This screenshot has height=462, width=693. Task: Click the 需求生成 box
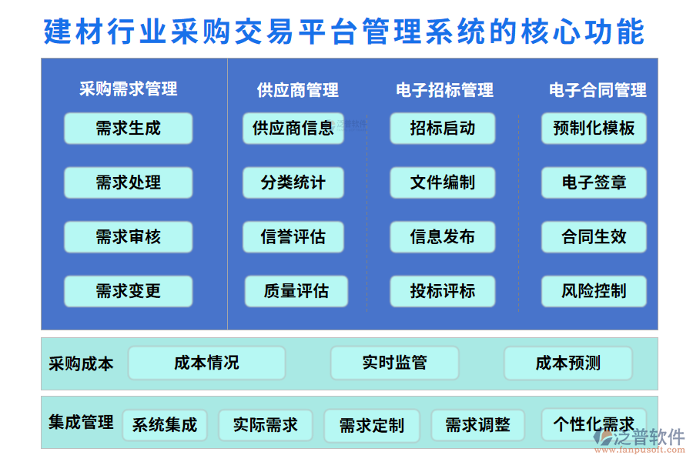pyautogui.click(x=128, y=129)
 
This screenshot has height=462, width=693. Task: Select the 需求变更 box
pyautogui.click(x=128, y=291)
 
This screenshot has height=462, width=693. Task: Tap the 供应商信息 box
pyautogui.click(x=293, y=129)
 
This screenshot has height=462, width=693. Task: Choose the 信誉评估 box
pyautogui.click(x=293, y=237)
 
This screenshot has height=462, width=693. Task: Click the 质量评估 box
pyautogui.click(x=296, y=291)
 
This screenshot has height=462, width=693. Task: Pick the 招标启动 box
pyautogui.click(x=442, y=129)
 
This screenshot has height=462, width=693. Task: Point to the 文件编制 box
pyautogui.click(x=442, y=183)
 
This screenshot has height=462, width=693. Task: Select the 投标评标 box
pyautogui.click(x=442, y=291)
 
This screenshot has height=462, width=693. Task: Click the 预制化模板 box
pyautogui.click(x=594, y=129)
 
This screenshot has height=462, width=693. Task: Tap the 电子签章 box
pyautogui.click(x=594, y=183)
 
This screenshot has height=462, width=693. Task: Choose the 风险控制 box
pyautogui.click(x=594, y=291)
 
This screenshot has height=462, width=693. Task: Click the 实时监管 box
pyautogui.click(x=394, y=363)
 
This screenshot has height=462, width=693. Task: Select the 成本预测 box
pyautogui.click(x=568, y=363)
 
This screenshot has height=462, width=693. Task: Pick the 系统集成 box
pyautogui.click(x=165, y=425)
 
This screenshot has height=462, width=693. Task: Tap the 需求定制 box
pyautogui.click(x=372, y=425)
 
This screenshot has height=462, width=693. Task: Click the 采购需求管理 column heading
pyautogui.click(x=128, y=89)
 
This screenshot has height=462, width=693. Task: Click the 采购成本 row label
pyautogui.click(x=81, y=363)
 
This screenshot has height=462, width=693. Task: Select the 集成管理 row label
pyautogui.click(x=81, y=423)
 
